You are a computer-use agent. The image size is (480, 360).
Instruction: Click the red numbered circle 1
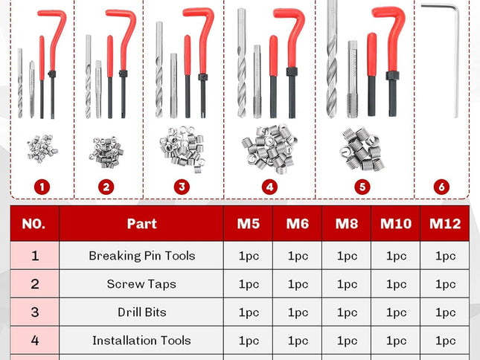pyautogui.click(x=42, y=187)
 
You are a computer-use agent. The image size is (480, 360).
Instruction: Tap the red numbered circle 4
pyautogui.click(x=269, y=187)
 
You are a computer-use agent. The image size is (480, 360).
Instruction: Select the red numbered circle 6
pyautogui.click(x=441, y=187)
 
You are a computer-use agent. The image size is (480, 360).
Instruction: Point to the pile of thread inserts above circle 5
pyautogui.click(x=362, y=145)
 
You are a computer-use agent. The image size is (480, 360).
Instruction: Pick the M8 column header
pyautogui.click(x=347, y=223)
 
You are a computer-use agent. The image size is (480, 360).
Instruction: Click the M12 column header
pyautogui.click(x=445, y=223)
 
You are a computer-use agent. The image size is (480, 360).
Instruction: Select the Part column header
pyautogui.click(x=141, y=223)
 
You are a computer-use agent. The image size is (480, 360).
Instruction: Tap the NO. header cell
pyautogui.click(x=35, y=223)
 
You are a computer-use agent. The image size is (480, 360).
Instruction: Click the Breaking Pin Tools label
pyautogui.click(x=141, y=256)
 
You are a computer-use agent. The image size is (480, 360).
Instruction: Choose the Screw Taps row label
pyautogui.click(x=141, y=284)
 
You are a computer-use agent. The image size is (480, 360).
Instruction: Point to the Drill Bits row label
pyautogui.click(x=141, y=312)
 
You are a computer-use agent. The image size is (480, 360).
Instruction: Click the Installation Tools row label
pyautogui.click(x=141, y=341)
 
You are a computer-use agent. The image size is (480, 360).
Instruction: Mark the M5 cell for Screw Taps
pyautogui.click(x=249, y=284)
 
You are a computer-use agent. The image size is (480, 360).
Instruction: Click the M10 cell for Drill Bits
pyautogui.click(x=396, y=312)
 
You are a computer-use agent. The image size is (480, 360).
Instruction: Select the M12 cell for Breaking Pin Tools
pyautogui.click(x=445, y=256)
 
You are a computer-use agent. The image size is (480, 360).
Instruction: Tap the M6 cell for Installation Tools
pyautogui.click(x=298, y=341)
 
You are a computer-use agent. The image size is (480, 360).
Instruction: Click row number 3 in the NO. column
pyautogui.click(x=35, y=312)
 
